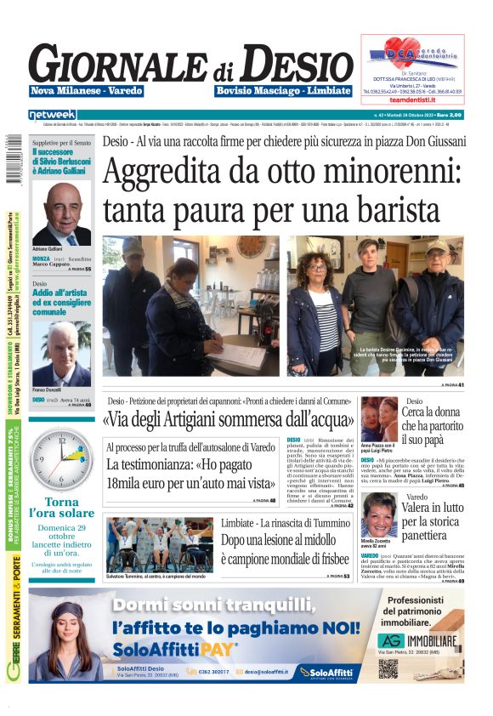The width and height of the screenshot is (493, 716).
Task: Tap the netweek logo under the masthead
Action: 52,114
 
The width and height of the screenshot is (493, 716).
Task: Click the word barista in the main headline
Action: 395,208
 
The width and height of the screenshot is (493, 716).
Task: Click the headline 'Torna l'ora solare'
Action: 61,508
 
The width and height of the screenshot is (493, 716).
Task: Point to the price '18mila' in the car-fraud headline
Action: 132,484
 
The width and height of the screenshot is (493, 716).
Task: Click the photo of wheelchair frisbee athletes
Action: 160,544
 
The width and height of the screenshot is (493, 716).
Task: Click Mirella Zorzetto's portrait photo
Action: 378,514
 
